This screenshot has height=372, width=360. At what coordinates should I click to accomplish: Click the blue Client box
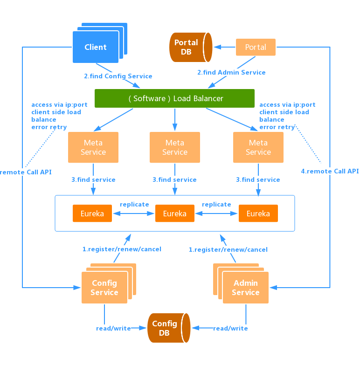pyautogui.click(x=96, y=47)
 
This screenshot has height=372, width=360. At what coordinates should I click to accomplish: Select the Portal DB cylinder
pyautogui.click(x=189, y=47)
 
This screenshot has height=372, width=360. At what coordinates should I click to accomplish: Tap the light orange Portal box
pyautogui.click(x=256, y=47)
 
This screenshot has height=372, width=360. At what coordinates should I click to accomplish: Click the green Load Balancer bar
pyautogui.click(x=174, y=98)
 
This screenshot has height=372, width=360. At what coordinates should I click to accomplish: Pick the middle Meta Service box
pyautogui.click(x=175, y=147)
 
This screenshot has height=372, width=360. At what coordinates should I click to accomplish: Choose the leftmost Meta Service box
pyautogui.click(x=93, y=147)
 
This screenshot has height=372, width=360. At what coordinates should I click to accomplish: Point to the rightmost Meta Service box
pyautogui.click(x=258, y=147)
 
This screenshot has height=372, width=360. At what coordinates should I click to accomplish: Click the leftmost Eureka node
pyautogui.click(x=92, y=214)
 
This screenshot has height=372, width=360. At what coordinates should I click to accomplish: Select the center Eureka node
pyautogui.click(x=174, y=214)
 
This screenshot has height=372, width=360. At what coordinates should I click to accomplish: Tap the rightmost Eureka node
pyautogui.click(x=258, y=214)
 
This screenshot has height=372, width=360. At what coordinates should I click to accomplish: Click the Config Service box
pyautogui.click(x=104, y=288)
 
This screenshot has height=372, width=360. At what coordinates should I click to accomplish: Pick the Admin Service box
pyautogui.click(x=245, y=288)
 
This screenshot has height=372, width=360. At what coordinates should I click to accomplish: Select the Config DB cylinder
pyautogui.click(x=167, y=328)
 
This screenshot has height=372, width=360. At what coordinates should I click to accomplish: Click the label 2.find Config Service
pyautogui.click(x=118, y=76)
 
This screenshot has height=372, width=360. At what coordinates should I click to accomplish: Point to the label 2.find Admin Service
pyautogui.click(x=231, y=72)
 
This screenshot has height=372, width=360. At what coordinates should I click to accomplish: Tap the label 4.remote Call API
pyautogui.click(x=330, y=171)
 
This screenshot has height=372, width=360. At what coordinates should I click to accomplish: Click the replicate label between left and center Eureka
pyautogui.click(x=134, y=204)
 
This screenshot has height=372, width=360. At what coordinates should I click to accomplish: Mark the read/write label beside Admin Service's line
pyautogui.click(x=230, y=328)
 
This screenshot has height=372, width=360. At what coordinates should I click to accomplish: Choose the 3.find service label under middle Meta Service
pyautogui.click(x=174, y=179)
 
